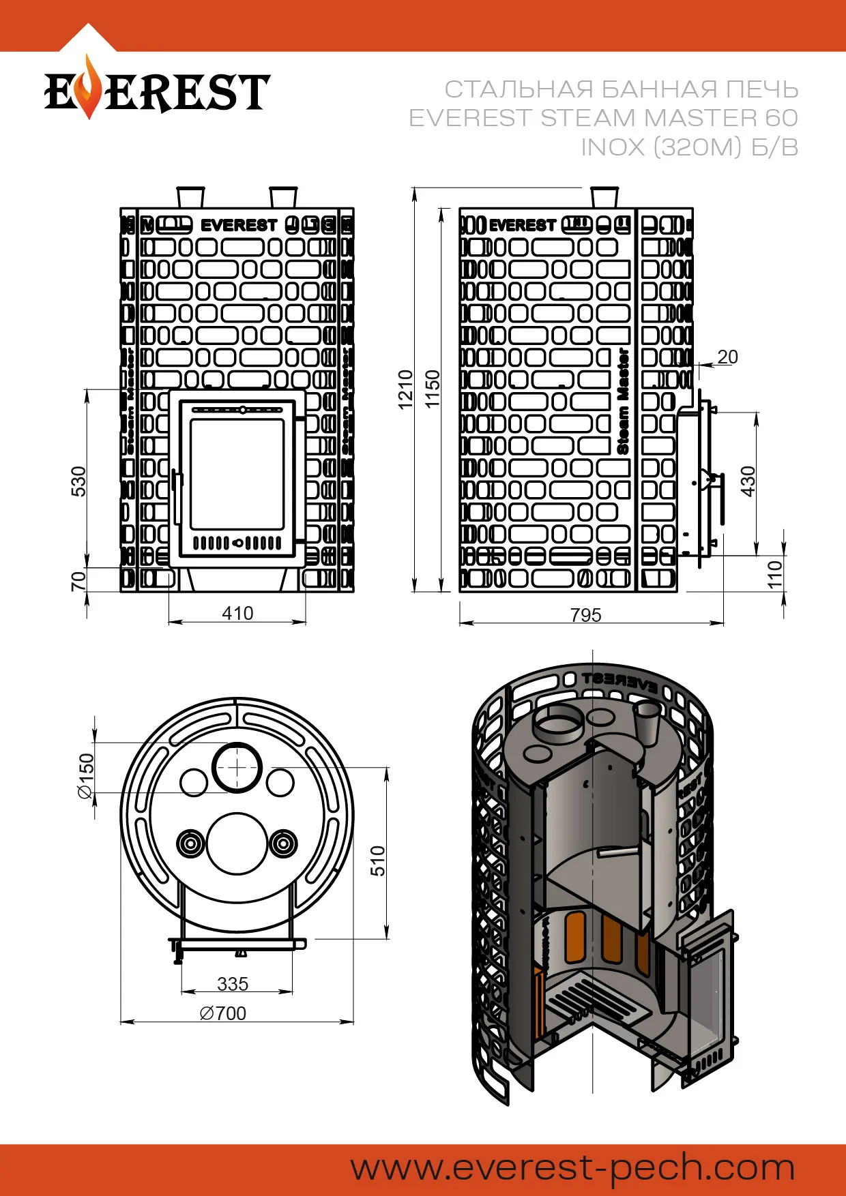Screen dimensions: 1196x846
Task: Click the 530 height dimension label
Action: coord(79,481)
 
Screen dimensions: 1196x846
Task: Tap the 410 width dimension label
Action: coord(237,613)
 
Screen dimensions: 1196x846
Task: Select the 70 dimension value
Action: coord(79,581)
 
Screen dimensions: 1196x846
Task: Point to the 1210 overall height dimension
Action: coord(406,389)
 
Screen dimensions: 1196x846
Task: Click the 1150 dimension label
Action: coord(433,389)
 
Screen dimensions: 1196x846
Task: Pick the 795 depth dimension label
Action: coord(585,615)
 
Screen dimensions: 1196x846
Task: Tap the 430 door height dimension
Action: coord(748,481)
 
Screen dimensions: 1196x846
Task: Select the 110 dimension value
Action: coord(775,574)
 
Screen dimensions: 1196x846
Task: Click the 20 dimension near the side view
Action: coord(727,357)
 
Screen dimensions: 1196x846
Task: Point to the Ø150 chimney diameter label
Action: coord(86,775)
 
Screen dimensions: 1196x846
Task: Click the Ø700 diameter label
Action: coord(223,1013)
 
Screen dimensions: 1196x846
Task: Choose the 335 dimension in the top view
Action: coord(233,984)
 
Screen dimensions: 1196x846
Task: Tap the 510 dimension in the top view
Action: coord(377,861)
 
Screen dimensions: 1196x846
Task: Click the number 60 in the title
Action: coord(781,118)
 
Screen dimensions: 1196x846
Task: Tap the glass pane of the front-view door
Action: coord(237,474)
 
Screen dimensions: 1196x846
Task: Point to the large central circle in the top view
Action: coord(237,843)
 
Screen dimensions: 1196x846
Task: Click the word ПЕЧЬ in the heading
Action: coord(761,89)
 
